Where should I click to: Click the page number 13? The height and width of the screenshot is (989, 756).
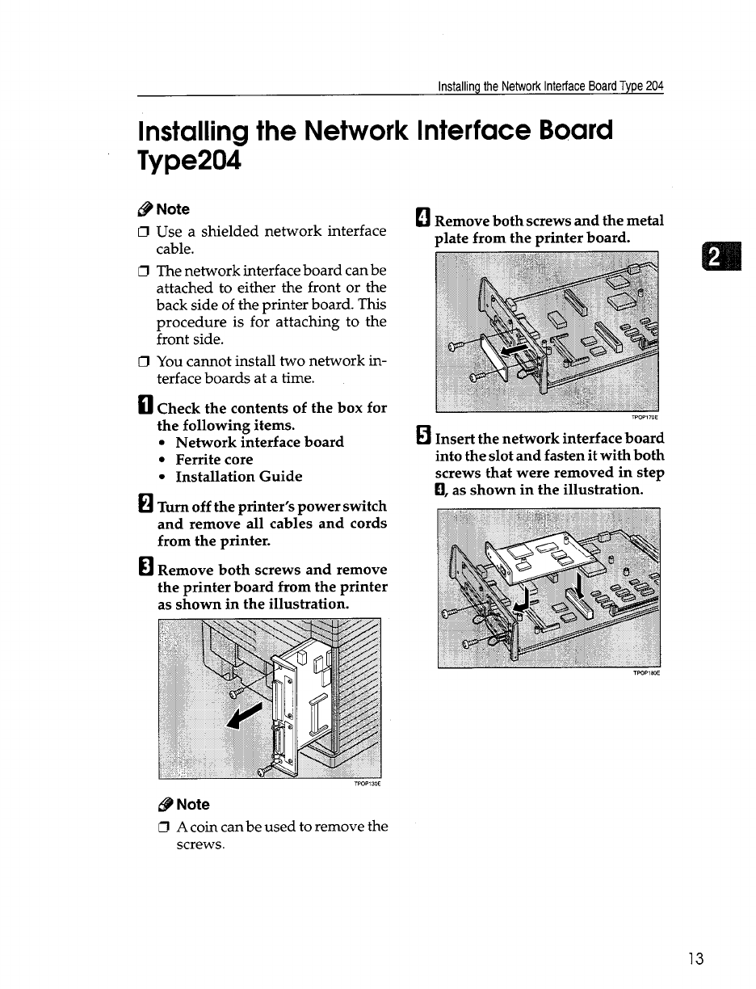(696, 959)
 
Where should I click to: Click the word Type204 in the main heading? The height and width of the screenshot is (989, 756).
(190, 161)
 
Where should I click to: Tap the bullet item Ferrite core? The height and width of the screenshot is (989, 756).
(214, 460)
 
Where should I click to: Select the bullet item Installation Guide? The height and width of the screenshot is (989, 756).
(239, 477)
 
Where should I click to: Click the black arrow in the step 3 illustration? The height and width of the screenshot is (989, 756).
(246, 716)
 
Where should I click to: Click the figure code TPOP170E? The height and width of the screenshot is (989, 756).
(644, 417)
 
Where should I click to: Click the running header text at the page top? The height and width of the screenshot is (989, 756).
(550, 86)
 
